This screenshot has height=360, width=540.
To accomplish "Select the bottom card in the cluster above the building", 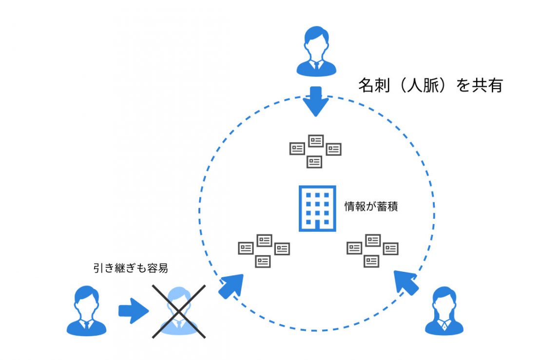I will (315, 161).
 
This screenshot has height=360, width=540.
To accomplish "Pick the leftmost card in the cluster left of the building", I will (246, 248).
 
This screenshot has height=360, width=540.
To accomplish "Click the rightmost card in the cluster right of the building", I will (390, 248).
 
